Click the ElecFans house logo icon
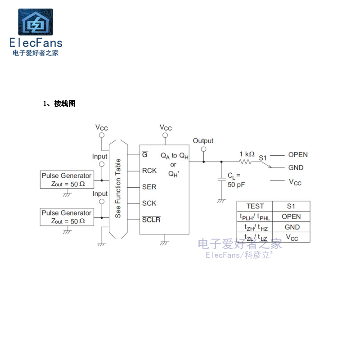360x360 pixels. (35, 22)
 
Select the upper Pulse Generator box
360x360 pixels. (67, 180)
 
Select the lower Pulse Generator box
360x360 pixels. (67, 217)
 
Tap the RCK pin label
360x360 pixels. (149, 171)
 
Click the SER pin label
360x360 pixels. (149, 187)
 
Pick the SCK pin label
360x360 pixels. (149, 203)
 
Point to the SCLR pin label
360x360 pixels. (151, 220)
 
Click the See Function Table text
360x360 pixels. (118, 188)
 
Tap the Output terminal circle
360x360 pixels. (203, 149)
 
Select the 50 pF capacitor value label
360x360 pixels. (236, 184)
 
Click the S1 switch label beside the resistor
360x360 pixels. (263, 157)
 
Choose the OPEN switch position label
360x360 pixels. (298, 154)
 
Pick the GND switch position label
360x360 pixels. (296, 167)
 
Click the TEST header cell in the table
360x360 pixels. (255, 206)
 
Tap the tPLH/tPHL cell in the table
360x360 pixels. (255, 216)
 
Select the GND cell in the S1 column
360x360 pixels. (292, 227)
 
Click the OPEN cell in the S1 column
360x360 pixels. (291, 216)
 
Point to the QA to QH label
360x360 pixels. (175, 156)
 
